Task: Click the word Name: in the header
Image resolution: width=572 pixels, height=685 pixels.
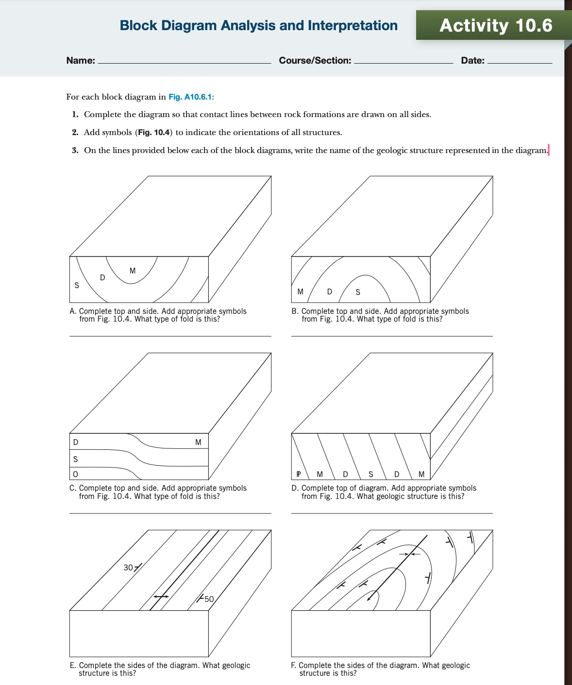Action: (x=81, y=61)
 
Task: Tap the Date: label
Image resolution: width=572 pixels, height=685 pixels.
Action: (x=472, y=61)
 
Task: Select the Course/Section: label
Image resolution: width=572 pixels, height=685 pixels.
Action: (x=315, y=61)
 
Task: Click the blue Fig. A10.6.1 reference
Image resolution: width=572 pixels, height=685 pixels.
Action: (x=190, y=97)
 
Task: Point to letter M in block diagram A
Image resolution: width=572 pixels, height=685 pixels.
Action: (x=133, y=271)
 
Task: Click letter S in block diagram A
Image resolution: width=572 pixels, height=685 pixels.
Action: (x=77, y=286)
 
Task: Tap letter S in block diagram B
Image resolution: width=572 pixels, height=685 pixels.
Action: (x=358, y=292)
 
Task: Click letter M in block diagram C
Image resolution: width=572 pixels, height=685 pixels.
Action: (x=198, y=442)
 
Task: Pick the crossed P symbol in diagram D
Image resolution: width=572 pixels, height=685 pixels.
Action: (x=299, y=474)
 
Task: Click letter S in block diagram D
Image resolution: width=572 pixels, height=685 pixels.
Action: (x=371, y=474)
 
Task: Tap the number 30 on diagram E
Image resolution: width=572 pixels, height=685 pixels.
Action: (x=128, y=567)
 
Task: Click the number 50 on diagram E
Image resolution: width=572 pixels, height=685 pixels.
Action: (x=209, y=599)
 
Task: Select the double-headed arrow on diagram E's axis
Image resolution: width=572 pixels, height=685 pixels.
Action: (x=161, y=596)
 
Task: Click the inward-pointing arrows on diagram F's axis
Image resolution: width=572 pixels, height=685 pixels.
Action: (x=409, y=554)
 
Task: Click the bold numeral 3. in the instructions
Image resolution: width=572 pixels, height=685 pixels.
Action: (x=75, y=150)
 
